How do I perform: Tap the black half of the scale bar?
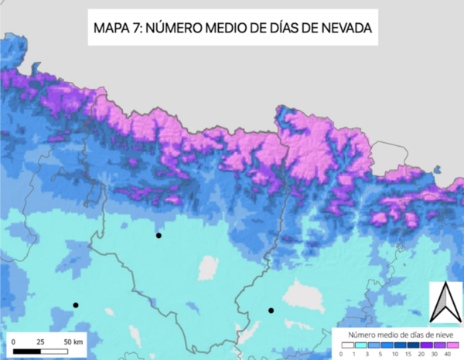tap(28, 352)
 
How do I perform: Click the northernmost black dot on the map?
tap(158, 235)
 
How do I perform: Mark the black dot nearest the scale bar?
tap(76, 305)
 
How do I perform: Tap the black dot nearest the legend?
tap(271, 311)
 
